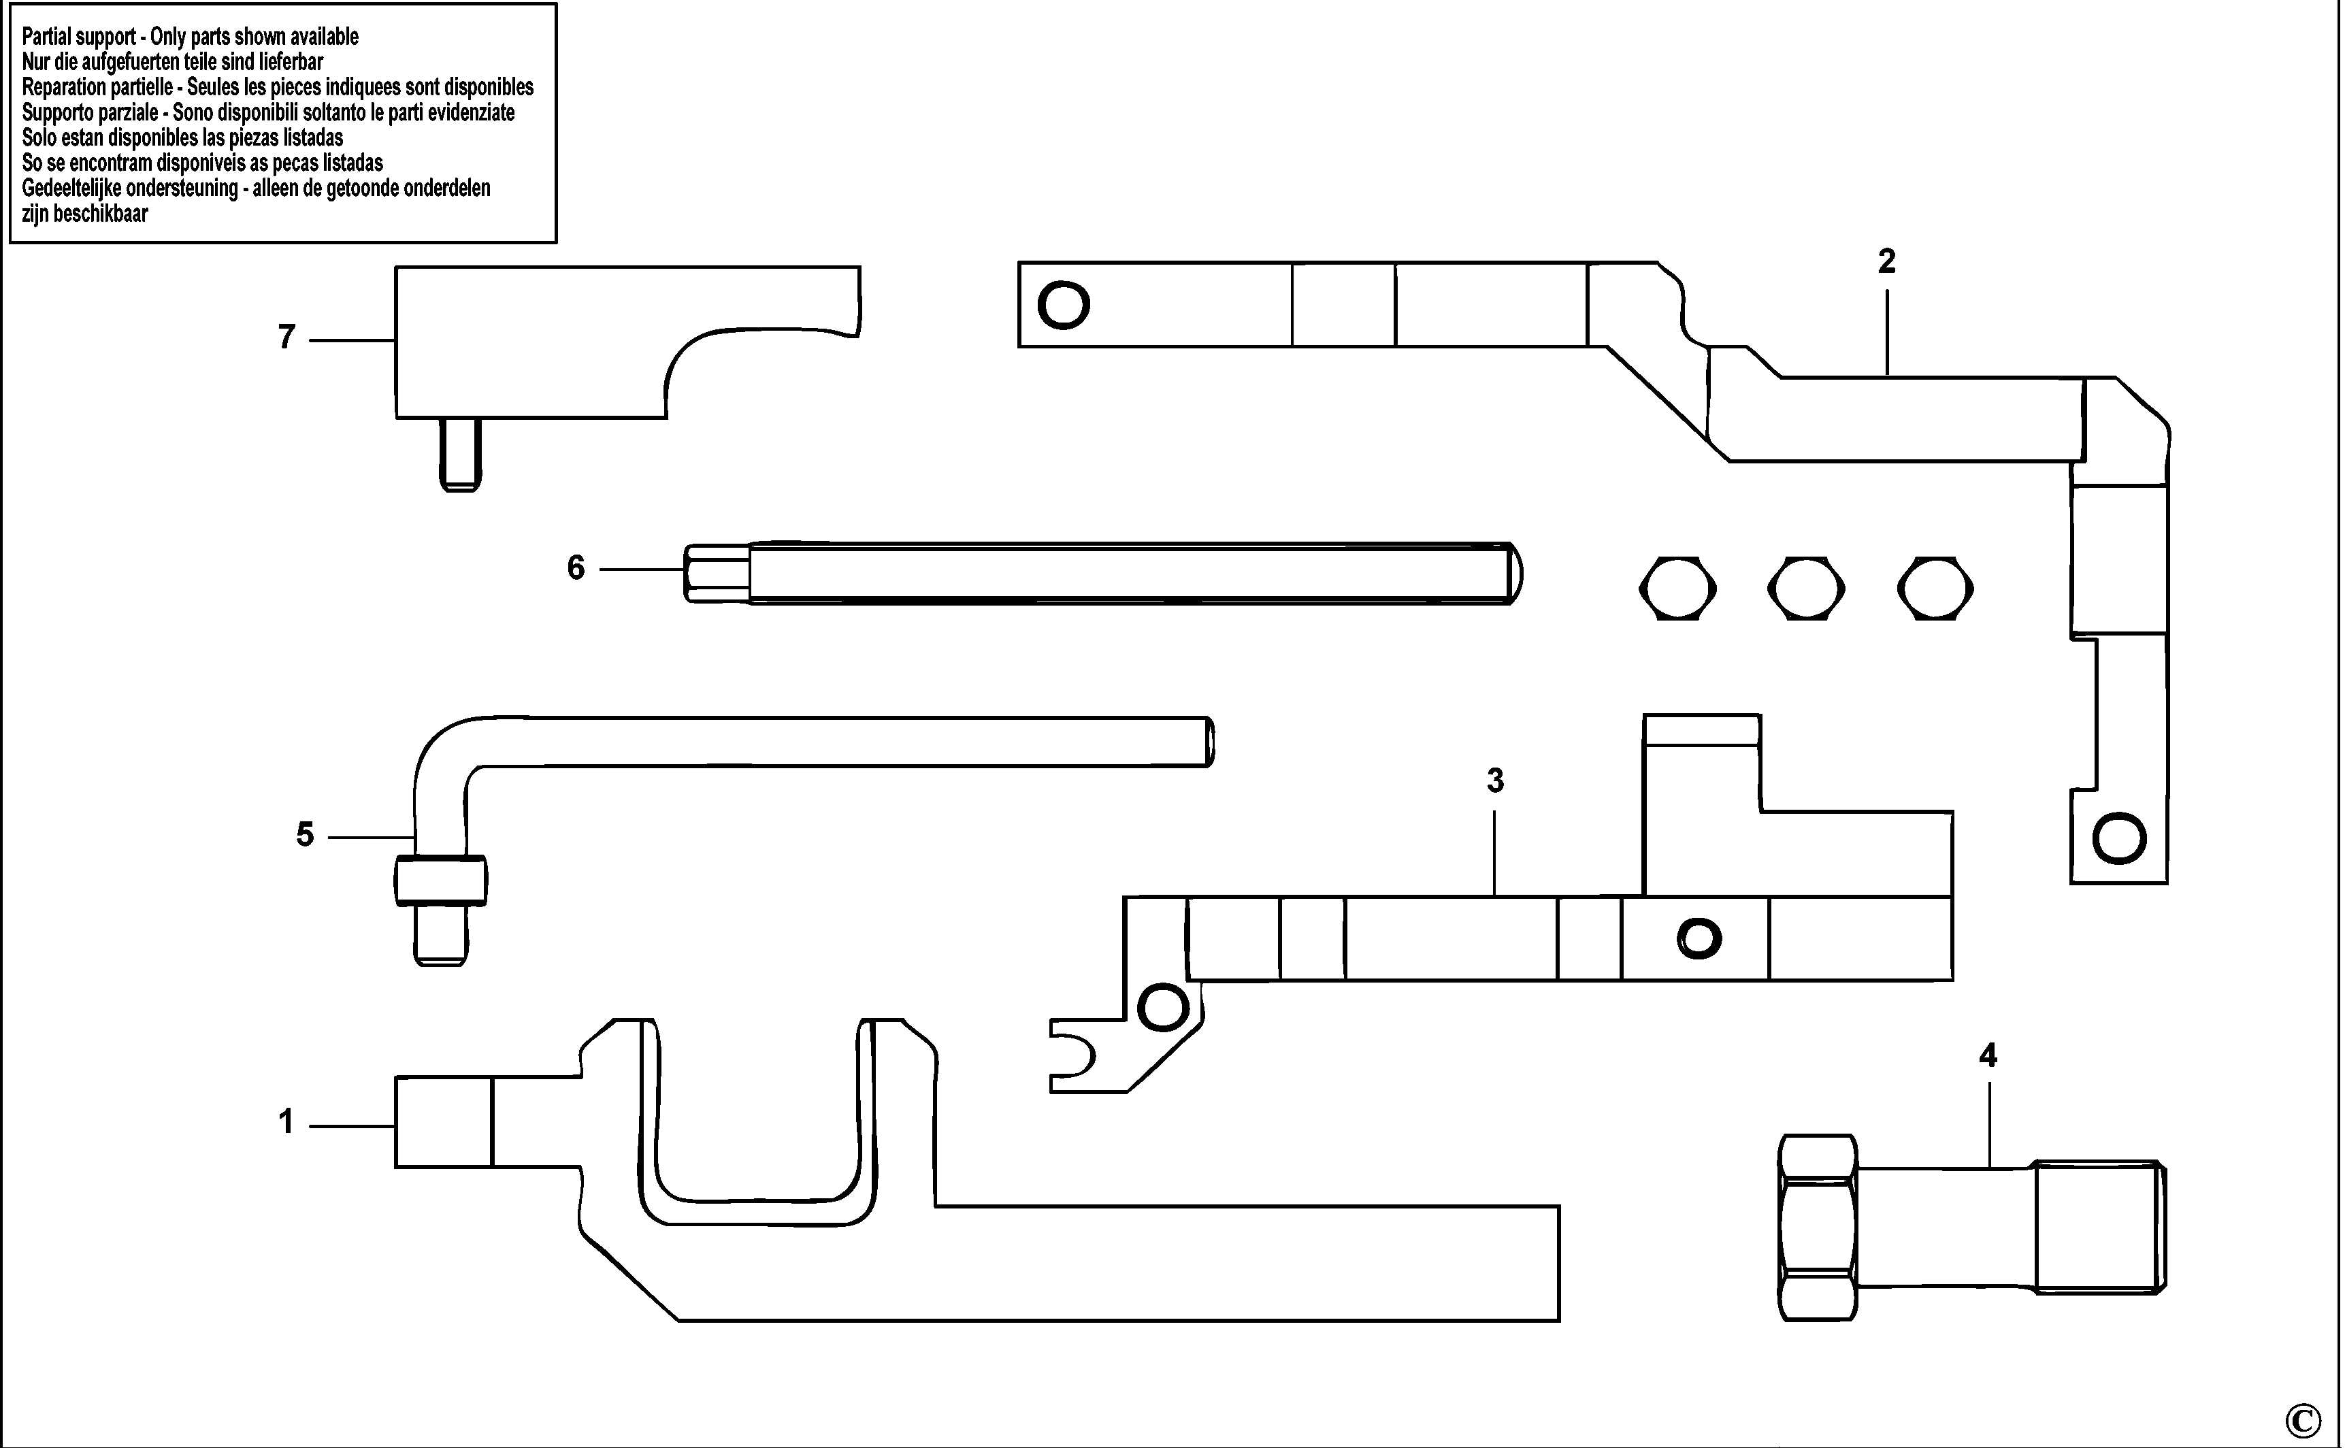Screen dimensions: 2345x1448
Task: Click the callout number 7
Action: click(x=286, y=337)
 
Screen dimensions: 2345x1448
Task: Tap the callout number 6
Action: click(x=576, y=568)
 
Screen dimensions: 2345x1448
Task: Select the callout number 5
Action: click(x=304, y=834)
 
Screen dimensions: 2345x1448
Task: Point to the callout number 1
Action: click(x=285, y=1121)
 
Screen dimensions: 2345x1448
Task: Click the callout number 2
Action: click(x=1886, y=261)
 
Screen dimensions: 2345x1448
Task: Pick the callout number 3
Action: click(x=1494, y=781)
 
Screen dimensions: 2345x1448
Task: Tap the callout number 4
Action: click(x=1988, y=1056)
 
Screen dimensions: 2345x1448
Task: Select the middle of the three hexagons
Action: click(x=1806, y=588)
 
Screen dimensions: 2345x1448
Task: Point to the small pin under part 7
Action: click(x=461, y=454)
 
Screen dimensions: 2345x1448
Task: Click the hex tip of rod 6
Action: click(x=717, y=573)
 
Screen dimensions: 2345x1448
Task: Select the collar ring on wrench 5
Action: click(x=440, y=880)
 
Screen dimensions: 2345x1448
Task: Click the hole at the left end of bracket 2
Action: click(x=1064, y=306)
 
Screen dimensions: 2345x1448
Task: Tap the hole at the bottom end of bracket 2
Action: click(x=2119, y=839)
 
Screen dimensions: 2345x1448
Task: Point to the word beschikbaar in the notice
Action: click(x=101, y=214)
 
